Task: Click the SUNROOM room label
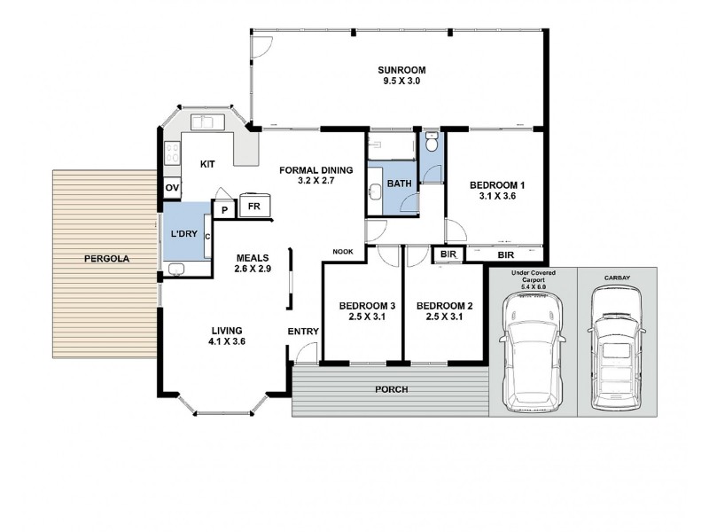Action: click(401, 70)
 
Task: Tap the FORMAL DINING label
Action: click(316, 170)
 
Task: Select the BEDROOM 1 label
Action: click(497, 185)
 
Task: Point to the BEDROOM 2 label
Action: click(444, 307)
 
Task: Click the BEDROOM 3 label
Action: click(367, 307)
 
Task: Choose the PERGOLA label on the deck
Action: click(106, 259)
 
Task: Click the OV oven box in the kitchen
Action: click(173, 188)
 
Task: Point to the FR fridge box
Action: click(253, 206)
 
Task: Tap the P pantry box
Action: click(224, 210)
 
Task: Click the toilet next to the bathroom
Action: click(431, 142)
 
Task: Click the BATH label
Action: click(399, 184)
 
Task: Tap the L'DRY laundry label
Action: click(183, 233)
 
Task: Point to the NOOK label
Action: click(343, 251)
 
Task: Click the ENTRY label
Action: click(303, 332)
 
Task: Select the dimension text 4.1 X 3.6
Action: click(226, 340)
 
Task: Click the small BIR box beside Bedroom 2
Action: click(448, 254)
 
